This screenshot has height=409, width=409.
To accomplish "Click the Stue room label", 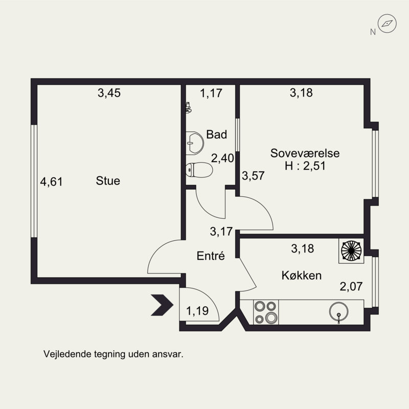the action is click(x=108, y=181).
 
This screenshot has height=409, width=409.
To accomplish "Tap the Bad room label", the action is click(x=216, y=134).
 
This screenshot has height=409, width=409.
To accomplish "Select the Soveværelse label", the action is click(x=305, y=153).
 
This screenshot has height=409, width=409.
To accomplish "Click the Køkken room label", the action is click(x=302, y=276).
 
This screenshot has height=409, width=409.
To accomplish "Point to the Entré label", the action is click(x=211, y=256).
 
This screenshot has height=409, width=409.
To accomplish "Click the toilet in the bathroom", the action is click(x=199, y=170).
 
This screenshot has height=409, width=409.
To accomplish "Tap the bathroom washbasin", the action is click(x=195, y=143).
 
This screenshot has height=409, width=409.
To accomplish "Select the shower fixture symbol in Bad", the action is click(x=188, y=107).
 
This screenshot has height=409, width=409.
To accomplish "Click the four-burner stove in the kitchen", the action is click(x=266, y=312).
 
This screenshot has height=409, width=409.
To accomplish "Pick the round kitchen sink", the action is click(x=338, y=312).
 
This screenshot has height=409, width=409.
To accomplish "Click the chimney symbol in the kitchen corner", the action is click(x=351, y=251).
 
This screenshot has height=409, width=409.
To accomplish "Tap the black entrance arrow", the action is click(x=162, y=305).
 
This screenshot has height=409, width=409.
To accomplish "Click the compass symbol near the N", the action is click(x=387, y=24).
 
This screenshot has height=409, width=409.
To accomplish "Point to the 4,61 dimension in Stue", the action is click(x=52, y=182).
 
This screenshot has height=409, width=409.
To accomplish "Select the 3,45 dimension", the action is click(x=109, y=93).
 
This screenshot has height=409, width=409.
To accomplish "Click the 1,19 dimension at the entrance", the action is click(x=197, y=311).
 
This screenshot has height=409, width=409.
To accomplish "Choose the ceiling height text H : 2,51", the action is click(x=305, y=166).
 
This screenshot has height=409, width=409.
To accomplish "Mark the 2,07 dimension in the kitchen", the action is click(x=351, y=286).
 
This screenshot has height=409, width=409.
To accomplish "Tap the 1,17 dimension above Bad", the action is click(x=211, y=93).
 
